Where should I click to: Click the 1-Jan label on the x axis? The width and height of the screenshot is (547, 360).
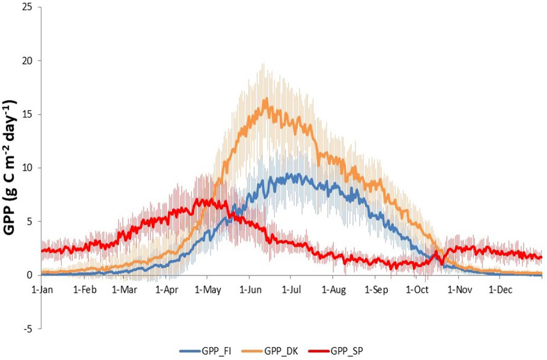click(x=42, y=290)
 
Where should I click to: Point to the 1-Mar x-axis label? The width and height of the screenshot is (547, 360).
click(x=124, y=290)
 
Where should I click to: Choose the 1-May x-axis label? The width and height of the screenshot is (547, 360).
click(x=208, y=290)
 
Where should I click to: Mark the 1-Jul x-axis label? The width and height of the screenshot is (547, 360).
click(x=291, y=290)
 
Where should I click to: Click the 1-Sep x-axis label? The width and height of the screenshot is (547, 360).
click(x=376, y=290)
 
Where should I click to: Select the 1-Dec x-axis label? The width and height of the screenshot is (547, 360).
click(x=500, y=290)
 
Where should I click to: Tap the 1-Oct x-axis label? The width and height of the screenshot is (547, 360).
click(x=417, y=290)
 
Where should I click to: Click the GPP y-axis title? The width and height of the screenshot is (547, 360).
click(x=10, y=167)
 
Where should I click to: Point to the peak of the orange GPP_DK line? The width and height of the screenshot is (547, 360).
click(x=266, y=99)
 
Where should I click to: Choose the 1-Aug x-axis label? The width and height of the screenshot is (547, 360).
click(x=334, y=290)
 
